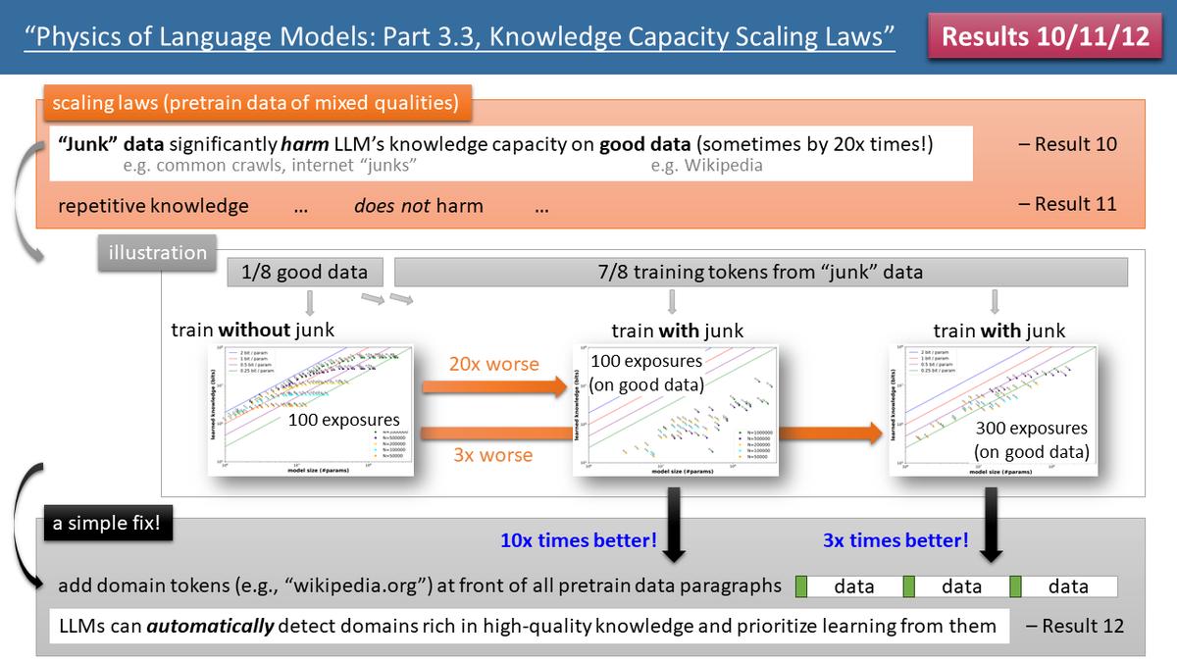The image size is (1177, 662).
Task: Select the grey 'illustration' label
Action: coord(158,252)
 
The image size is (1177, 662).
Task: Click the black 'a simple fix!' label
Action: coord(107,524)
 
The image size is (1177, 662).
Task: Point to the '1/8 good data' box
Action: coord(305,272)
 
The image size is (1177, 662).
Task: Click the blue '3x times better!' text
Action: coord(895,540)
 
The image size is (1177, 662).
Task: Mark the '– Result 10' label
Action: coord(1067,144)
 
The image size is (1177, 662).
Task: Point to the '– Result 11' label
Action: coord(1067,205)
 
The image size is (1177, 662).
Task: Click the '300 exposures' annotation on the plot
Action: coord(1031,429)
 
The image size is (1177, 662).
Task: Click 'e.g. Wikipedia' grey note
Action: coord(706,166)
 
